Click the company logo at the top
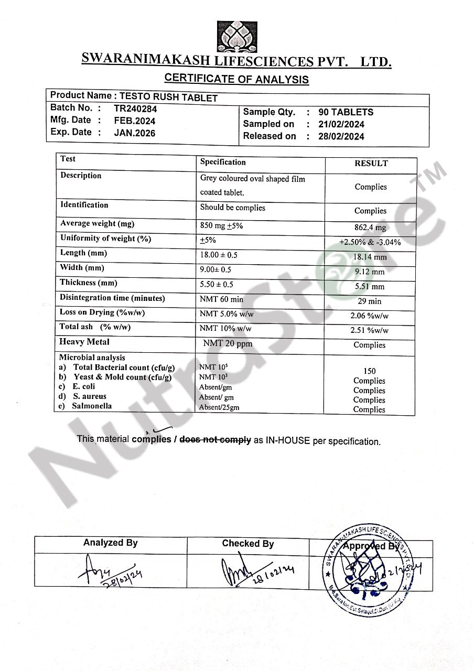237,36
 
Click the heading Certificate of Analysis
236,79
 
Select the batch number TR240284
135,109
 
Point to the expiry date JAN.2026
135,133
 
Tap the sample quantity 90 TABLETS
346,112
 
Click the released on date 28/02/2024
341,136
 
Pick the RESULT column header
371,164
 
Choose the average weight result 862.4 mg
370,228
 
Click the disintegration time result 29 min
370,301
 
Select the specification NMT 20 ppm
227,344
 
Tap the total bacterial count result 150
369,371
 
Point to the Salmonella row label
92,406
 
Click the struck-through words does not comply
215,440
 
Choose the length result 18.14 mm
370,257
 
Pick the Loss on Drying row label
102,312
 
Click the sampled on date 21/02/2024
341,124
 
